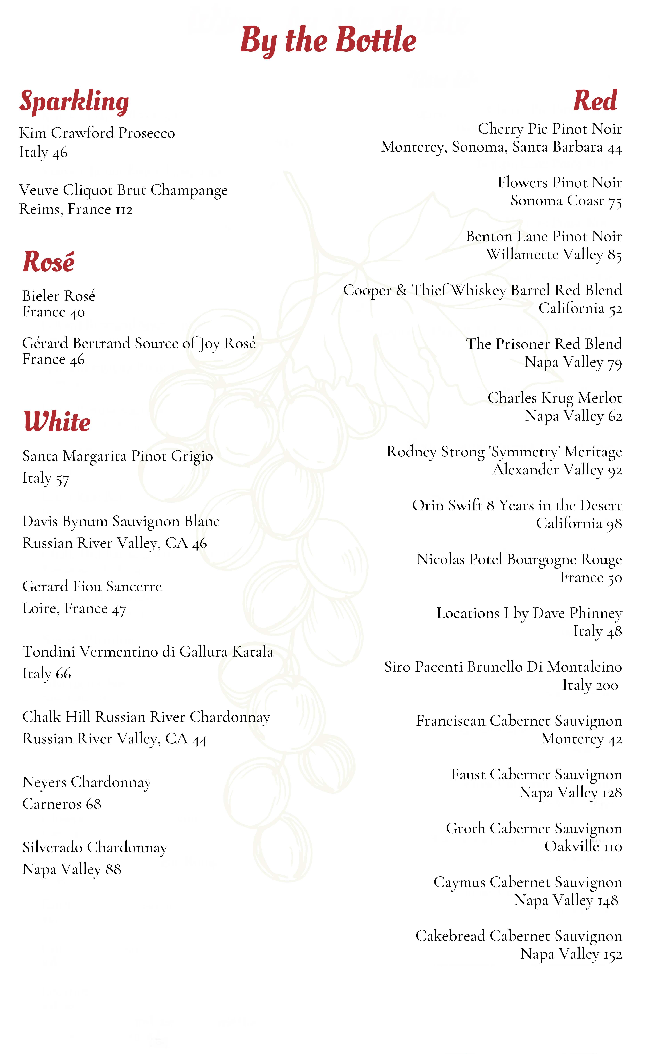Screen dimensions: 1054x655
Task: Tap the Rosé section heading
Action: tap(48, 262)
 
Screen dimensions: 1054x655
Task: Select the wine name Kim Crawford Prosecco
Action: tap(97, 133)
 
